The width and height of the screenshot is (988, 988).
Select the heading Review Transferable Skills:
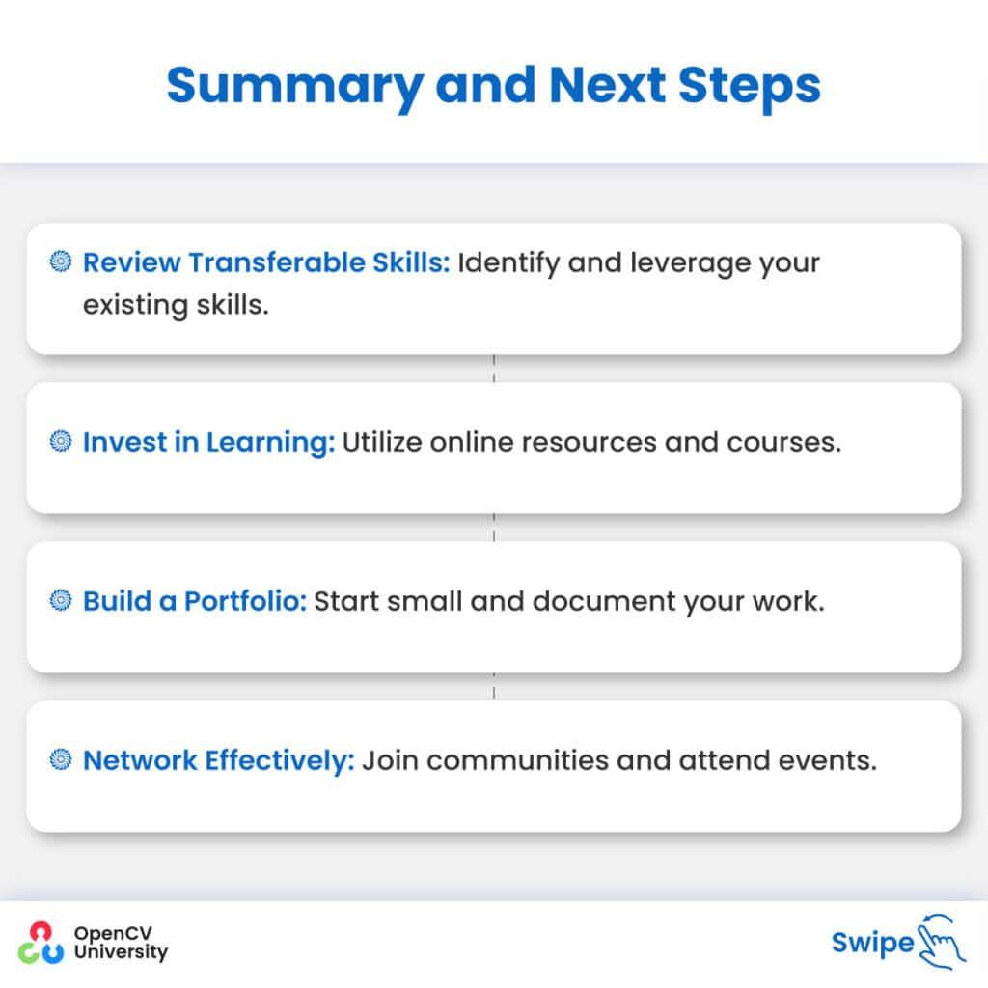coord(266,262)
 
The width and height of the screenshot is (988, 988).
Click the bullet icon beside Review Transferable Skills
coord(62,261)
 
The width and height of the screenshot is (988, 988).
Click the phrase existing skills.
coord(175,306)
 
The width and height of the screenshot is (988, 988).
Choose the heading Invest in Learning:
coord(208,442)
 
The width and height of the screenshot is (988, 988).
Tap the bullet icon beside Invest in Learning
coord(62,442)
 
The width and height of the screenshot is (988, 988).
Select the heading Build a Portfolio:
coord(194,601)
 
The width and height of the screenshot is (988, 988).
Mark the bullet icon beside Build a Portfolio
coord(62,601)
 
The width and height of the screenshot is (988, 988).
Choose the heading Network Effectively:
coord(219,760)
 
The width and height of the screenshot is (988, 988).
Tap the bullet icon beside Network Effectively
coord(62,760)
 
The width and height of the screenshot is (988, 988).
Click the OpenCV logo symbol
coord(41,943)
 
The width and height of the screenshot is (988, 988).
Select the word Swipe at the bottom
coord(871,943)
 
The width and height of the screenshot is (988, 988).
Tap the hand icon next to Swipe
coord(941,941)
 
